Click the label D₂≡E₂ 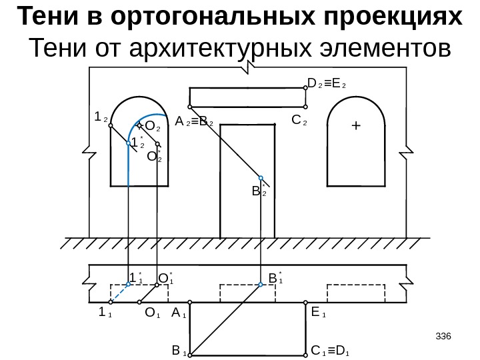coord(331,85)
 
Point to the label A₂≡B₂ coord(194,123)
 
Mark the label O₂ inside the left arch coord(153,125)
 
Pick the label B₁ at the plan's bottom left coord(178,349)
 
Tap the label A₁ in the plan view coord(179,312)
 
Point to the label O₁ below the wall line coord(153,312)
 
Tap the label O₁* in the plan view coord(165,276)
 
